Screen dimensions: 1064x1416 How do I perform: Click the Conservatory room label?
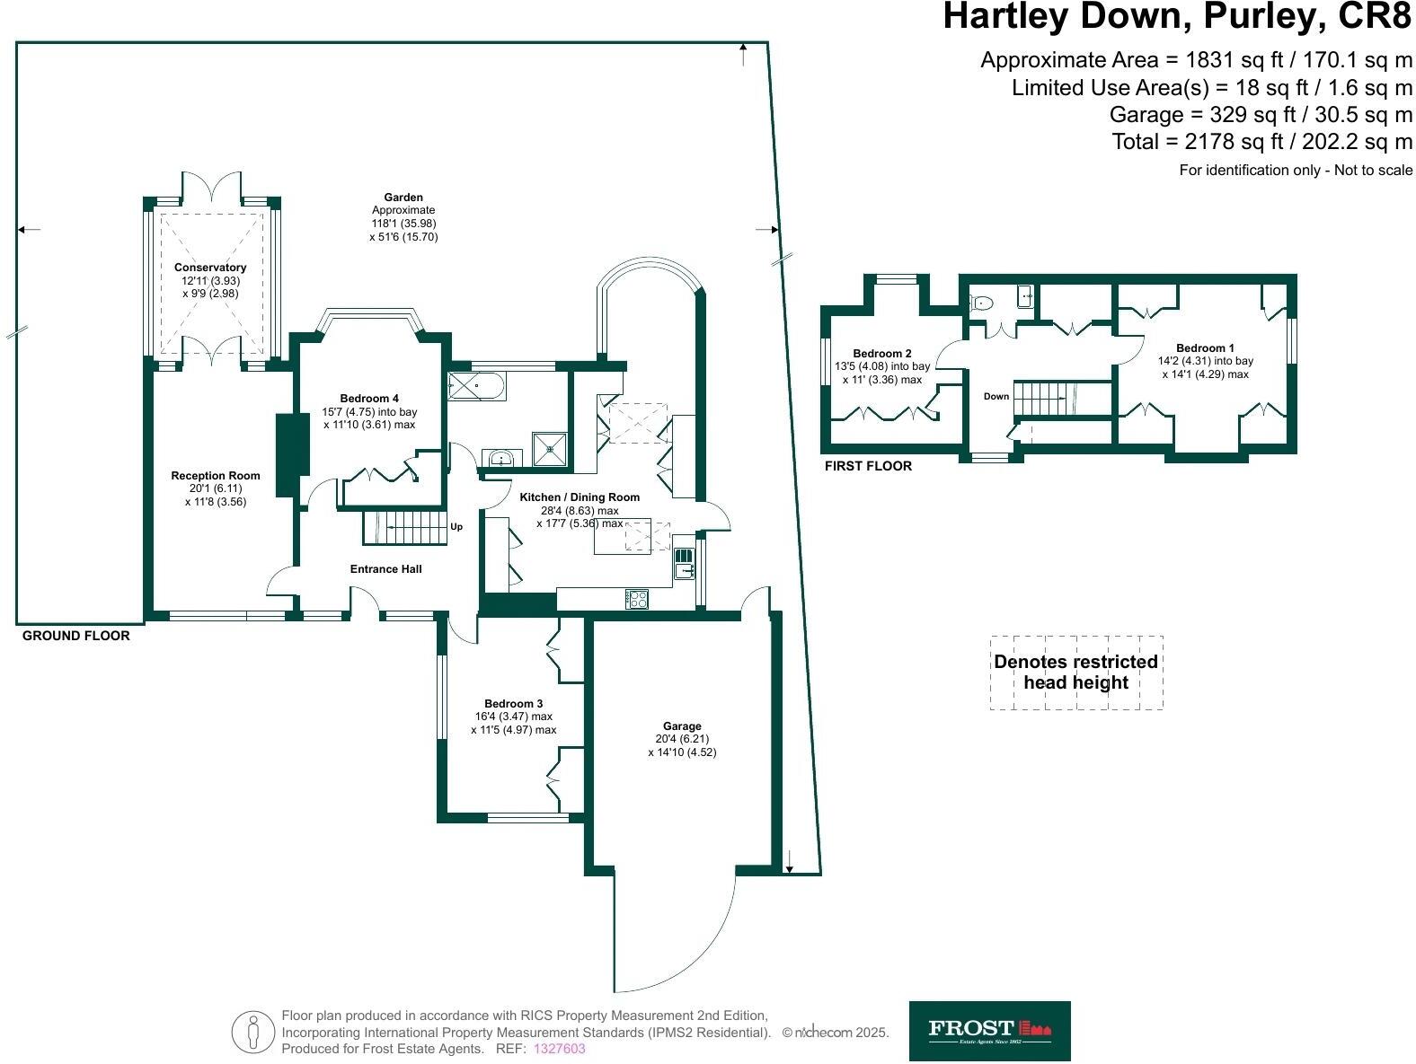click(x=210, y=268)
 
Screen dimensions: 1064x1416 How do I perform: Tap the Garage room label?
click(x=682, y=726)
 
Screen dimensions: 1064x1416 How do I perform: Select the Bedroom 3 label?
click(x=513, y=704)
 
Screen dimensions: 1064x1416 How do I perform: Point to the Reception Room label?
click(x=216, y=476)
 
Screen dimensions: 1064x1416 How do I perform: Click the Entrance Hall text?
click(x=385, y=569)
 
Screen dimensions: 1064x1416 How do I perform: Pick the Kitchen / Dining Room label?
click(x=580, y=497)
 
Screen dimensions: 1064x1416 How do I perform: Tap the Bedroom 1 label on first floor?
click(x=1205, y=348)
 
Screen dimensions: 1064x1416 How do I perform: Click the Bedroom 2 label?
click(x=881, y=354)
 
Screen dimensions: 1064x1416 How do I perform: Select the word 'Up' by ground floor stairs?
click(x=456, y=527)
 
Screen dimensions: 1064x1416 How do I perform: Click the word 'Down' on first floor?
click(x=996, y=397)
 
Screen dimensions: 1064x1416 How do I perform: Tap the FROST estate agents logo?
click(x=989, y=1030)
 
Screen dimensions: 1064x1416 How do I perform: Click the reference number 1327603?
click(x=559, y=1049)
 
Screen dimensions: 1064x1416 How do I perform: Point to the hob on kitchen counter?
click(x=637, y=599)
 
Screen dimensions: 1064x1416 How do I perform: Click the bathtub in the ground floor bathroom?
click(x=476, y=387)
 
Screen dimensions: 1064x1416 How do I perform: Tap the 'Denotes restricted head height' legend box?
click(x=1075, y=673)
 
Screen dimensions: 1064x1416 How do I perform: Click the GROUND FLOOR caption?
click(x=75, y=636)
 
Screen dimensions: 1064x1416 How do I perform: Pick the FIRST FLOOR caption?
click(x=868, y=466)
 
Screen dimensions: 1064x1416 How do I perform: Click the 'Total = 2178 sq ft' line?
click(x=1261, y=142)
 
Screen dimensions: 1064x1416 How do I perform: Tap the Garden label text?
click(x=403, y=198)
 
